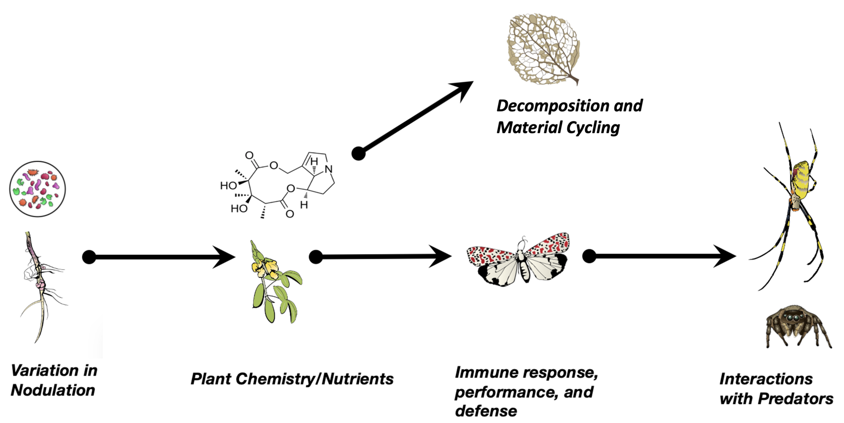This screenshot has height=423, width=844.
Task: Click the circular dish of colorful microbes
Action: coord(37,189)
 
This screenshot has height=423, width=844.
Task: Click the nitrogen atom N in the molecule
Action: coord(328,169)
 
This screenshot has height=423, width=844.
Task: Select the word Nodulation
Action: coord(53,390)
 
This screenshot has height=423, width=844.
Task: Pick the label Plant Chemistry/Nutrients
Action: coord(292,379)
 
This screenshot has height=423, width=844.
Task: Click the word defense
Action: coord(486,411)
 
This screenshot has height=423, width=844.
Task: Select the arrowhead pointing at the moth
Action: coord(441,257)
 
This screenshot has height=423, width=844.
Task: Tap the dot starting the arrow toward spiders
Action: coord(589,256)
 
